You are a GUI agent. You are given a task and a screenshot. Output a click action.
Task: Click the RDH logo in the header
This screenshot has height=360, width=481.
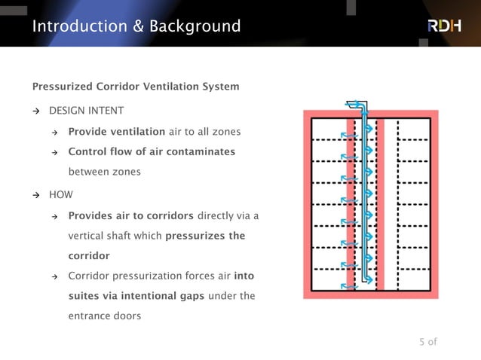443,26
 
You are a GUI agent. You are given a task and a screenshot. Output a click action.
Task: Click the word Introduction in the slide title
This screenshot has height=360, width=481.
79,26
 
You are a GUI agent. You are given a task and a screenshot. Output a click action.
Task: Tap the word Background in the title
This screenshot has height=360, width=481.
195,26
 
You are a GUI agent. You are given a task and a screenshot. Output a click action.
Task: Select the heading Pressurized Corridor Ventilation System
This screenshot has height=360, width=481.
136,86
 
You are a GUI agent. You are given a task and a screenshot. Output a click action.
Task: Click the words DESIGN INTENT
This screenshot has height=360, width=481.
86,111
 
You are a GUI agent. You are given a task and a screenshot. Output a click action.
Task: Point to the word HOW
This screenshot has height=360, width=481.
61,194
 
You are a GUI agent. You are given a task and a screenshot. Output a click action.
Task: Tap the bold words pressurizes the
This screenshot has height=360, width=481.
205,236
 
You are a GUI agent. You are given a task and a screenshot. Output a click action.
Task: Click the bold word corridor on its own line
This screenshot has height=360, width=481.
89,255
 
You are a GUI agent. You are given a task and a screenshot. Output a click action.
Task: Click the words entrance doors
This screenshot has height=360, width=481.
104,316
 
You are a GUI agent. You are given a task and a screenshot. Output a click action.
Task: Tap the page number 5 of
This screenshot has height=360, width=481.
427,342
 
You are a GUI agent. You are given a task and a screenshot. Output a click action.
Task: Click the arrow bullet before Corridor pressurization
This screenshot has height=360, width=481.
55,276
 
